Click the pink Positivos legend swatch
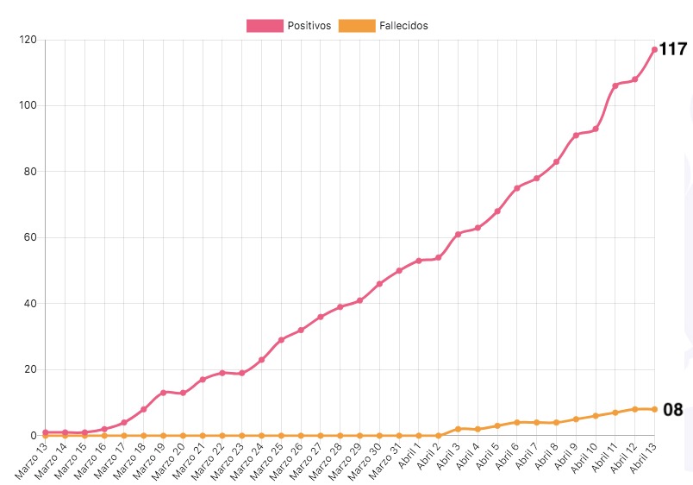265,26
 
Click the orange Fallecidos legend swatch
358,26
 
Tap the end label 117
672,49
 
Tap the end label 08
672,410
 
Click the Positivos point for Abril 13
654,50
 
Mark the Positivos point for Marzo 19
163,393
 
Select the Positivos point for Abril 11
615,85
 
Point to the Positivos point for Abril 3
459,234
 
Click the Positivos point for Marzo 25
281,340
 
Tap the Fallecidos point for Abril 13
654,409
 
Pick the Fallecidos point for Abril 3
459,429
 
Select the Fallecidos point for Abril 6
517,422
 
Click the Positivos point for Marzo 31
399,271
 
